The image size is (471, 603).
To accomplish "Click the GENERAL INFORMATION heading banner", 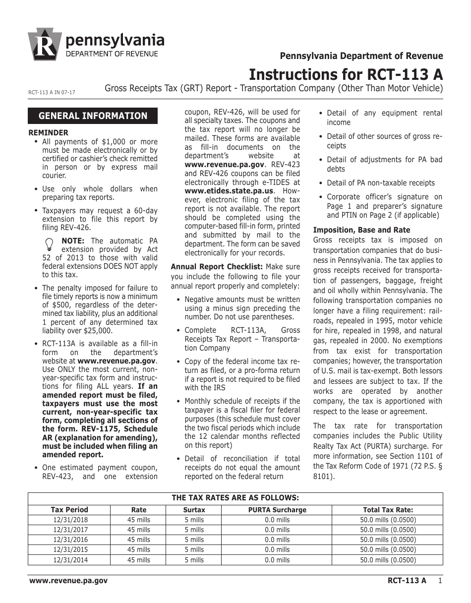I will pyautogui.click(x=93, y=116).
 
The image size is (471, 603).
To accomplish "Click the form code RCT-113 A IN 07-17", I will pyautogui.click(x=52, y=92).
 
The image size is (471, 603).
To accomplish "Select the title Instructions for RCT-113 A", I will pyautogui.click(x=346, y=74).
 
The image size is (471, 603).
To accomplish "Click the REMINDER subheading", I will pyautogui.click(x=48, y=133).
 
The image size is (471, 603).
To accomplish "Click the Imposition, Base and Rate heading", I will pyautogui.click(x=361, y=230).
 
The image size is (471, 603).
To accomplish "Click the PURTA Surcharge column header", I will pyautogui.click(x=277, y=510).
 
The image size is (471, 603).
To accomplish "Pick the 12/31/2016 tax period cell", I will pyautogui.click(x=69, y=540).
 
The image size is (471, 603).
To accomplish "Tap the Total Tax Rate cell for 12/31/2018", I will pyautogui.click(x=388, y=520).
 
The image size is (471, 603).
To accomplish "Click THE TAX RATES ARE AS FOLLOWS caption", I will pyautogui.click(x=235, y=498).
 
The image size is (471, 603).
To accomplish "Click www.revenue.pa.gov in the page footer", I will pyautogui.click(x=68, y=581).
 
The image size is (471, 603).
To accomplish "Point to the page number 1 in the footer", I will pyautogui.click(x=440, y=581).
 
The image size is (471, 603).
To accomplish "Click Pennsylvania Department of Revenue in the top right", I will pyautogui.click(x=361, y=56).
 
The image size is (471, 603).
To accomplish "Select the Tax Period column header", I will pyautogui.click(x=69, y=510).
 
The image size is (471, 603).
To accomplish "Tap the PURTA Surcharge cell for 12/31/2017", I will pyautogui.click(x=277, y=530).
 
